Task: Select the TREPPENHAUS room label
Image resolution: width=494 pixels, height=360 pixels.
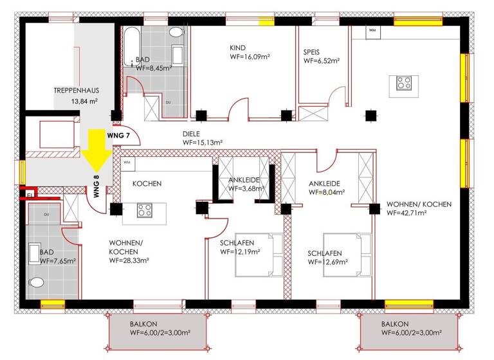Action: (x=75, y=91)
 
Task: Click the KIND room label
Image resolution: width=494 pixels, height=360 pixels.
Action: (x=238, y=48)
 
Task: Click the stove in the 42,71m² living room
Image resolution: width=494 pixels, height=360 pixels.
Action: (x=404, y=82)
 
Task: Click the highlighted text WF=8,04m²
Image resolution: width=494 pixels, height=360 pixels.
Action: (x=327, y=192)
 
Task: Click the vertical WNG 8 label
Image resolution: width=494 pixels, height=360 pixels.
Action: (x=97, y=186)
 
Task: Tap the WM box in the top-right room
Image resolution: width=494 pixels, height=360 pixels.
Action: (x=372, y=30)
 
